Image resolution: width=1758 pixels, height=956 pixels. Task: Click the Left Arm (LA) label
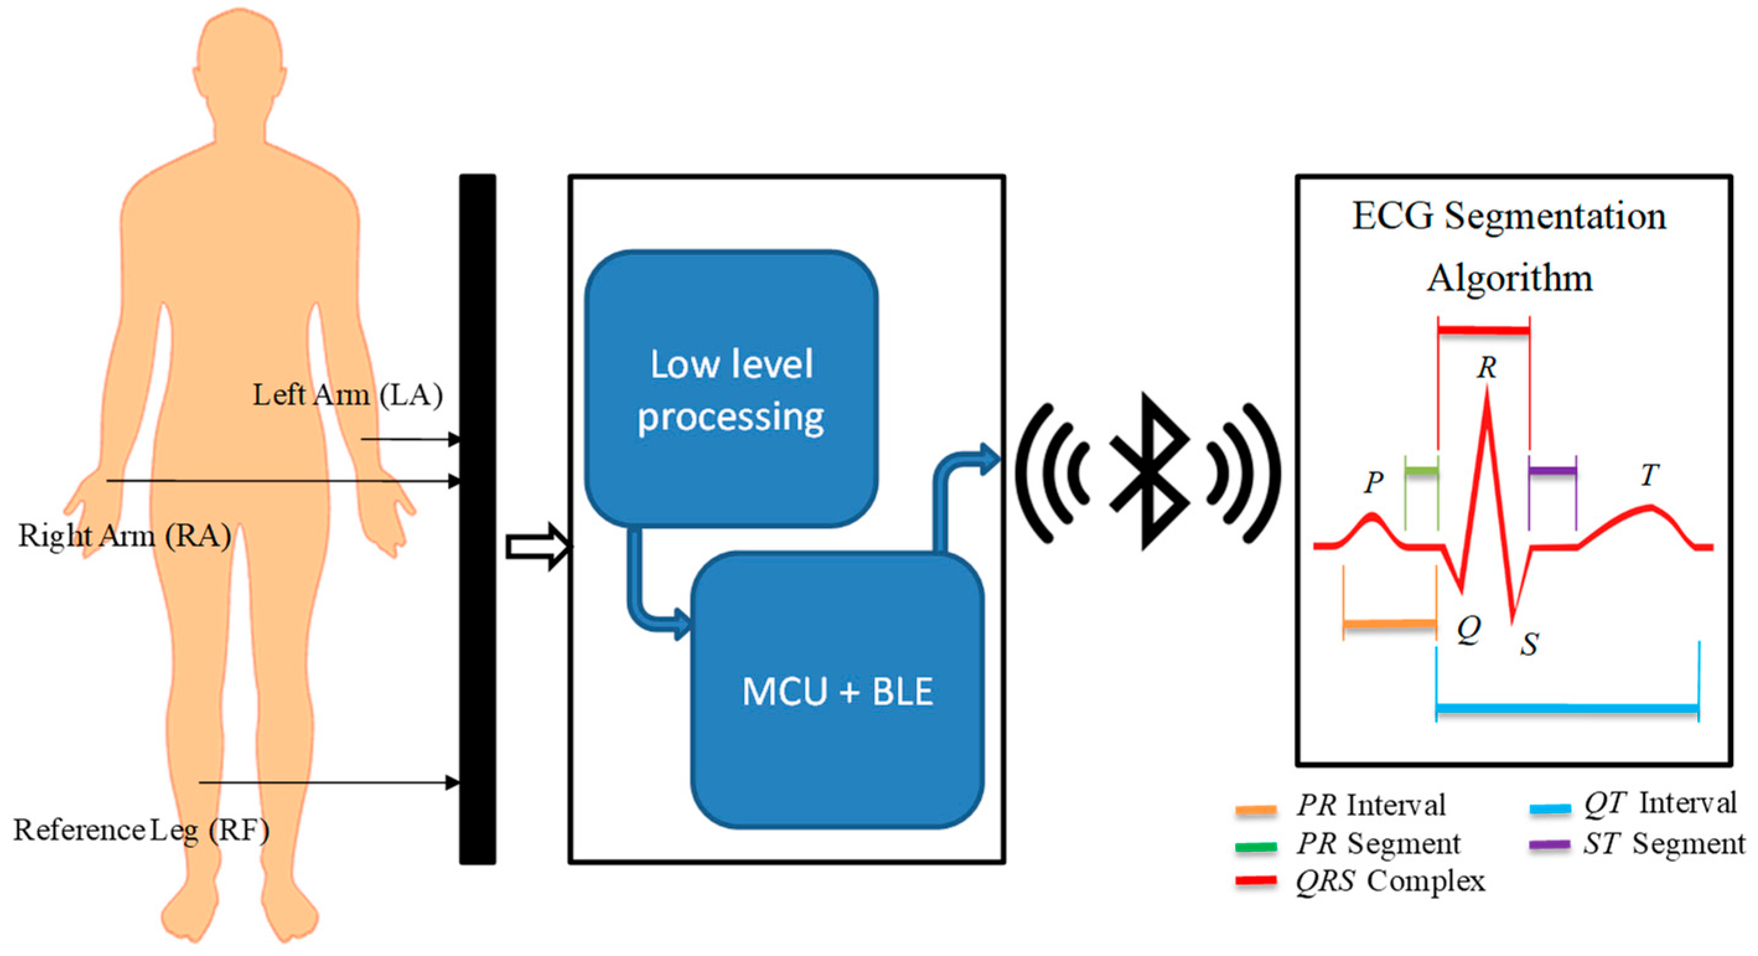click(348, 396)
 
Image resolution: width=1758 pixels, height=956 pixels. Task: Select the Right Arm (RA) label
click(125, 536)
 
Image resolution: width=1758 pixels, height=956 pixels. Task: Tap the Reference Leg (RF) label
click(141, 831)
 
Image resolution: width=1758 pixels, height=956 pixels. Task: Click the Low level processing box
click(731, 389)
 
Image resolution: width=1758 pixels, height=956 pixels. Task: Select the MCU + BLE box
click(837, 691)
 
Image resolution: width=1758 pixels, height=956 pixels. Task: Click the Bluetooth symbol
click(1148, 472)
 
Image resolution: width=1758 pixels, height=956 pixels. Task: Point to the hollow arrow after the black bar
click(538, 546)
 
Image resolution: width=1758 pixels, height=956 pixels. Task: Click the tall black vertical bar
click(477, 519)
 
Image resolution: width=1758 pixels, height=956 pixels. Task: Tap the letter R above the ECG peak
click(1487, 368)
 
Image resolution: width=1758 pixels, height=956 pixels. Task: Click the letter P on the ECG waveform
click(1373, 483)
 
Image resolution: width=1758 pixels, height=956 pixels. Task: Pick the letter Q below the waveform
click(1469, 627)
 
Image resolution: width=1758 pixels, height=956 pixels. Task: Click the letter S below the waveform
click(1529, 644)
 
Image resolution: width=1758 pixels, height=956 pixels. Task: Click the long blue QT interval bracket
click(1567, 709)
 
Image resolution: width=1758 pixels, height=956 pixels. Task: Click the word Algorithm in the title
click(1510, 278)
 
